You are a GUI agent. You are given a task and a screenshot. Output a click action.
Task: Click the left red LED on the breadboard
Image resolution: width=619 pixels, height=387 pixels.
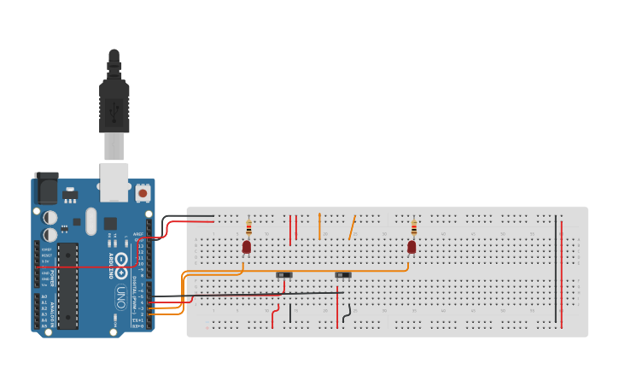tap(246, 247)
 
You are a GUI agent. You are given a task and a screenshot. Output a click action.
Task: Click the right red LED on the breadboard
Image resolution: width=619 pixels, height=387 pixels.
tap(412, 247)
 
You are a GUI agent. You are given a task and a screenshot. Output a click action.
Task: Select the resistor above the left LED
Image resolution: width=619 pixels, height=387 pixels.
tap(248, 227)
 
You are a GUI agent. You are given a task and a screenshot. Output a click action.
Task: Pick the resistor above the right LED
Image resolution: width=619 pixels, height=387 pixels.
tap(414, 227)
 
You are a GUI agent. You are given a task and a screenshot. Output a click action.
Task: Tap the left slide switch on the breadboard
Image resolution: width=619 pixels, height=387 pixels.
tap(285, 274)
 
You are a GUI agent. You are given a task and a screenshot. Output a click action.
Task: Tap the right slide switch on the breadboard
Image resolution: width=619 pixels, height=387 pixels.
tap(343, 274)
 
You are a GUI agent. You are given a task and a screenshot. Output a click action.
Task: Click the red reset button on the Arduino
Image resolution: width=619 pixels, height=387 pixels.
tap(143, 193)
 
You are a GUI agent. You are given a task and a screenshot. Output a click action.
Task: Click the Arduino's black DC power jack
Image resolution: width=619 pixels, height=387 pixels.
tap(45, 188)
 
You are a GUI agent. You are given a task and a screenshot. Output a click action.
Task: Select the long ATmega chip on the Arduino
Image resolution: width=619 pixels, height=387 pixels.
tap(68, 286)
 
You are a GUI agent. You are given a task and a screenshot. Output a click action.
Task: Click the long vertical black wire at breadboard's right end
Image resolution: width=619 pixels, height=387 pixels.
tap(556, 269)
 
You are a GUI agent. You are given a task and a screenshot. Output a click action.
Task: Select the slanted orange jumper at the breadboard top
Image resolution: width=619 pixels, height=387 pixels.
tap(351, 227)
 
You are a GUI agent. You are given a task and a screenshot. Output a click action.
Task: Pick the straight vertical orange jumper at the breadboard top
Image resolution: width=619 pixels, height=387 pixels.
tap(319, 226)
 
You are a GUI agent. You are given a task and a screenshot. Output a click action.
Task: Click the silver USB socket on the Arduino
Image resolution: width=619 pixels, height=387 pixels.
tap(114, 181)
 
